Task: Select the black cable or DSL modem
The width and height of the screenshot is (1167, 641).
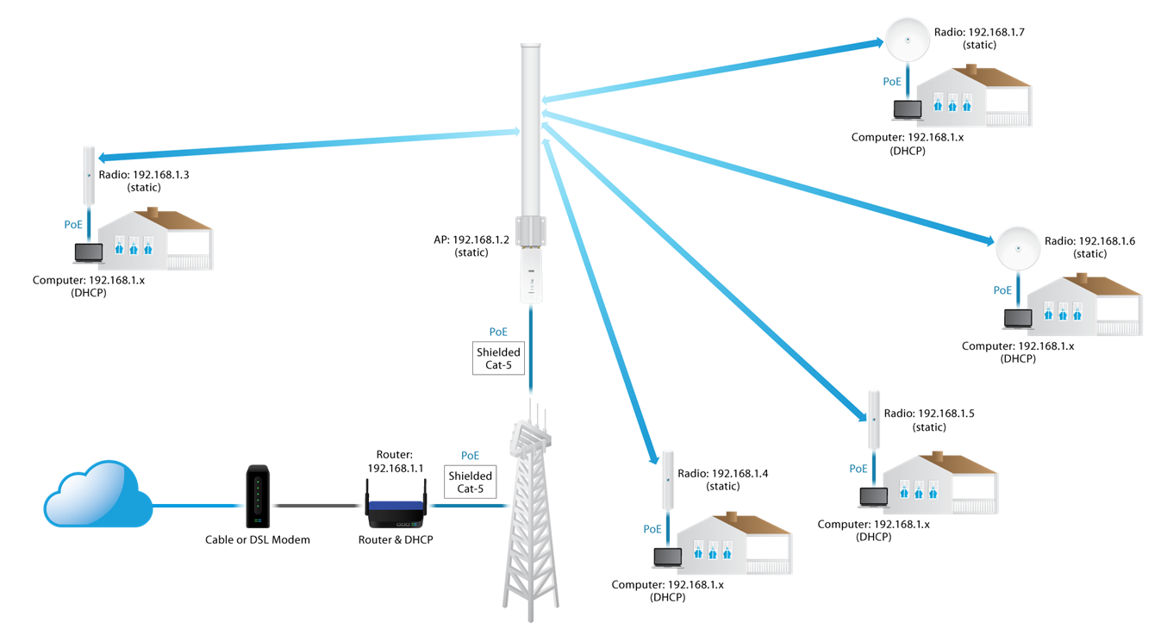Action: tap(257, 498)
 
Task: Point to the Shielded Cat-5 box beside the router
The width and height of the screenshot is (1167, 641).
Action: tap(471, 482)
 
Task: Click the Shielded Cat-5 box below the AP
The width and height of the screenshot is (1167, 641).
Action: tap(498, 358)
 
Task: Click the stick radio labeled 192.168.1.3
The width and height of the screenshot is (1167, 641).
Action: tap(88, 176)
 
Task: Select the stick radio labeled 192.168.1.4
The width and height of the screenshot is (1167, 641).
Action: tap(667, 480)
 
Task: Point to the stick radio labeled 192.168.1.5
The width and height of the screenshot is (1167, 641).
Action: tap(874, 419)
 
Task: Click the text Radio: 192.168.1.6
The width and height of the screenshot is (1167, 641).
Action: tap(1089, 242)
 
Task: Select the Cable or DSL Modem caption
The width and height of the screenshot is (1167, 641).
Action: tap(257, 540)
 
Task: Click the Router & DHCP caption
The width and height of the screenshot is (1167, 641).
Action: tap(396, 540)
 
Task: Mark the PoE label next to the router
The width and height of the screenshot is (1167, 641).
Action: tap(470, 456)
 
